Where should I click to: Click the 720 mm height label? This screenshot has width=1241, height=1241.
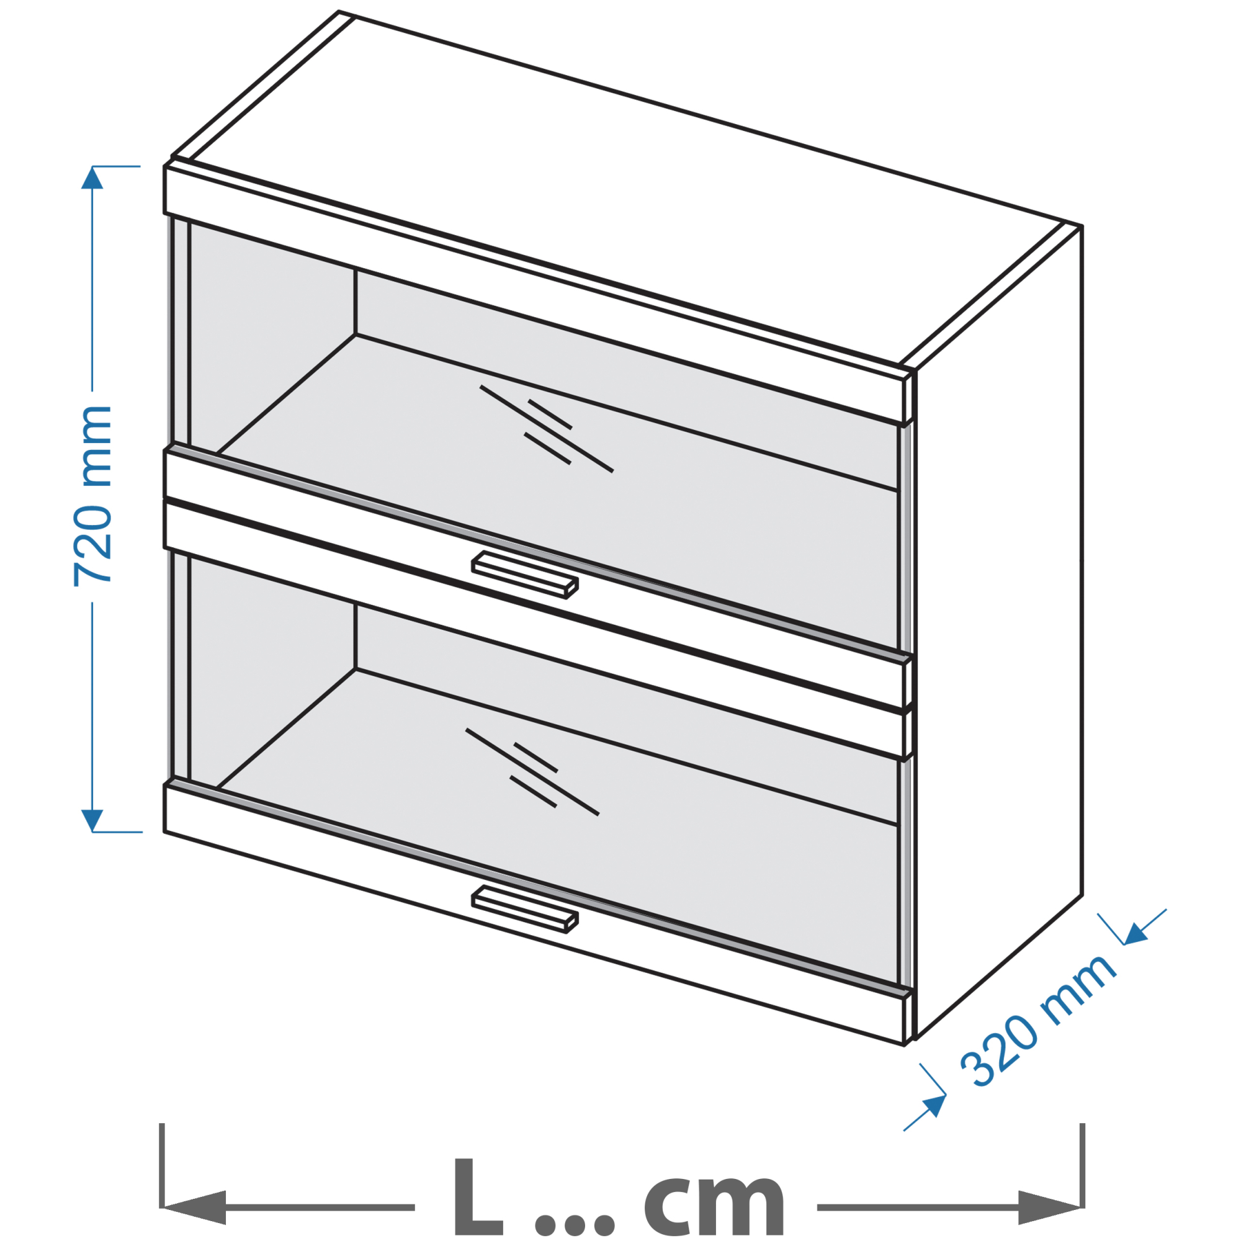coord(93,496)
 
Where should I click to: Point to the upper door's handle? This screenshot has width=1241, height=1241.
coord(525,575)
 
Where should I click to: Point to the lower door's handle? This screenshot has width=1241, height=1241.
coord(525,908)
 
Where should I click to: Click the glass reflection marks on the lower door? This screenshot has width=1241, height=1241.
coord(532,772)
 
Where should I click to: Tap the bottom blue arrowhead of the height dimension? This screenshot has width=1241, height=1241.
coord(92,821)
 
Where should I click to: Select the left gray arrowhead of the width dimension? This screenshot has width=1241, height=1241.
coord(195,1207)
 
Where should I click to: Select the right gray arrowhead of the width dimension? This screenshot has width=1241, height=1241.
coord(1050,1207)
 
